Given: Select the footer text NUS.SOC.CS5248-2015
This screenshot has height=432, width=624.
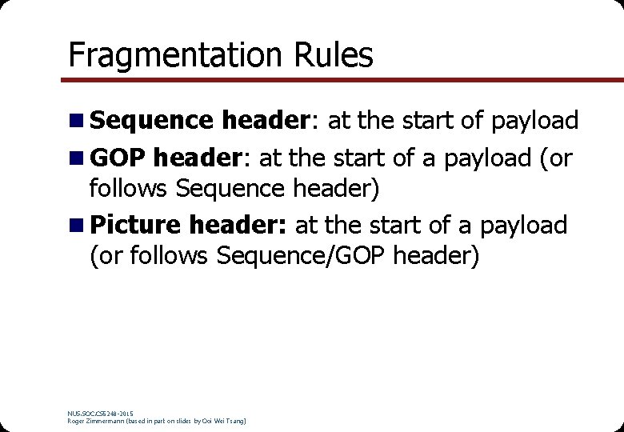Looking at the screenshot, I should [x=100, y=413].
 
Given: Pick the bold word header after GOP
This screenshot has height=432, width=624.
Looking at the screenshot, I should [x=197, y=158].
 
